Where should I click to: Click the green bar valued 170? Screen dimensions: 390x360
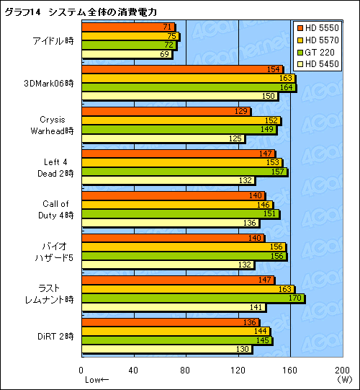(x=192, y=298)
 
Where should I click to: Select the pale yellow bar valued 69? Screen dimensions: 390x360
(x=127, y=54)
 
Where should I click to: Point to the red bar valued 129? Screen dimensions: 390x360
(x=166, y=112)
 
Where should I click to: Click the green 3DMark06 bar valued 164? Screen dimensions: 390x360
(x=189, y=87)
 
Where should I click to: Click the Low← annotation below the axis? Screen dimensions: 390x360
(x=96, y=380)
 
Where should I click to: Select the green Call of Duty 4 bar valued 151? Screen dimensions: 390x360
(x=180, y=214)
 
